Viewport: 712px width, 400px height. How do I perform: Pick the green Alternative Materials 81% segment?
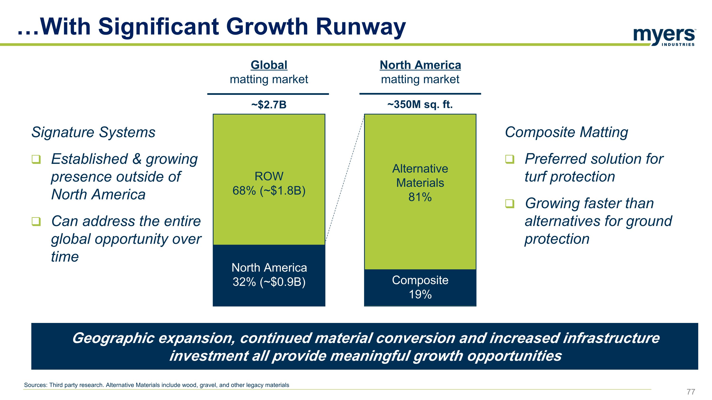(x=420, y=226)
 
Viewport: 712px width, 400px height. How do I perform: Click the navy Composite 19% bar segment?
(x=420, y=287)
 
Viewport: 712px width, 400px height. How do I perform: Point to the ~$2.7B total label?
(x=269, y=105)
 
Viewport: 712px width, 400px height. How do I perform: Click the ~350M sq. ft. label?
(x=420, y=105)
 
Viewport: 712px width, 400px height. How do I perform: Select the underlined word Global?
(x=269, y=65)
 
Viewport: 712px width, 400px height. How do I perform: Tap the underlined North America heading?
(x=420, y=65)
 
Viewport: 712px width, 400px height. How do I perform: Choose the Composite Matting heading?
(x=566, y=132)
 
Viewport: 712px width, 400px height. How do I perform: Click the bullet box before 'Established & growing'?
(x=36, y=159)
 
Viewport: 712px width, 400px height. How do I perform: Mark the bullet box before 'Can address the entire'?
(x=36, y=221)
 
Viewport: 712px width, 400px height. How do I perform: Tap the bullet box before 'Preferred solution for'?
(x=510, y=159)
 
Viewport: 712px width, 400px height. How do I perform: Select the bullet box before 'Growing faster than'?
(x=510, y=204)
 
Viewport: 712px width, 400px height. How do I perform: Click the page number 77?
(x=691, y=391)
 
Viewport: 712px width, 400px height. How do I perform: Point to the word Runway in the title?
(x=361, y=27)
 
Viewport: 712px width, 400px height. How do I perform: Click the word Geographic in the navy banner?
(x=113, y=338)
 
